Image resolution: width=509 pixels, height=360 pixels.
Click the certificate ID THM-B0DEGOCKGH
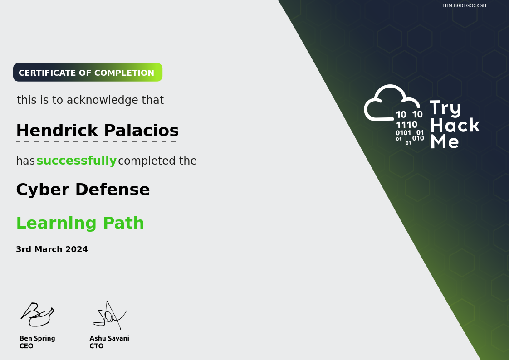point(464,5)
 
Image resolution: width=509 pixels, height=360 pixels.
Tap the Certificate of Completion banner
point(88,73)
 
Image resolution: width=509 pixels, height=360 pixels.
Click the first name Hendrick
point(57,131)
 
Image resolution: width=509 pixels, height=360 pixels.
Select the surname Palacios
point(142,131)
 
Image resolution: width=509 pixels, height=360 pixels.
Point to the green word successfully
point(76,161)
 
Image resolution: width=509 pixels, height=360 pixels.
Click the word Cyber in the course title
point(43,190)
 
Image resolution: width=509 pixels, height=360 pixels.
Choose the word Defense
point(113,190)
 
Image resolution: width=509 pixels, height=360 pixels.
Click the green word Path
point(123,223)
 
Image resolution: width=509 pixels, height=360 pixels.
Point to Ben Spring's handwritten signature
point(37,314)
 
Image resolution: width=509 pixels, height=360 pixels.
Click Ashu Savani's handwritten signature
point(109,315)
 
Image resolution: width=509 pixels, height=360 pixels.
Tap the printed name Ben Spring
point(37,338)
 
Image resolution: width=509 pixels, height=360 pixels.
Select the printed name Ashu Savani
point(109,338)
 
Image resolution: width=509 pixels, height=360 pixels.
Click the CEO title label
point(26,346)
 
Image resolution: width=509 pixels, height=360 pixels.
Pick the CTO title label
point(97,346)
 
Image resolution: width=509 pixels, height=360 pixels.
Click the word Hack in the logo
point(455,125)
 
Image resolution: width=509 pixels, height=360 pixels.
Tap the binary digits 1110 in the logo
point(406,125)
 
